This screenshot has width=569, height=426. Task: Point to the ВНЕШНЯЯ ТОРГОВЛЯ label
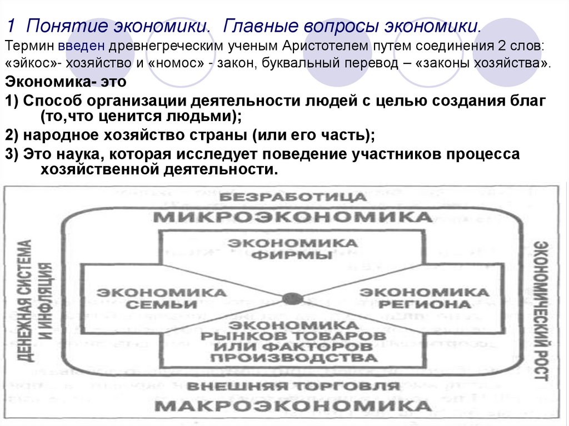tap(293, 387)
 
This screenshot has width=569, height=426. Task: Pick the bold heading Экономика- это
tap(66, 82)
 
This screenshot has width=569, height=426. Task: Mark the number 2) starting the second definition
tap(12, 136)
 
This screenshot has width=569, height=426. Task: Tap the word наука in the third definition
tap(72, 154)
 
